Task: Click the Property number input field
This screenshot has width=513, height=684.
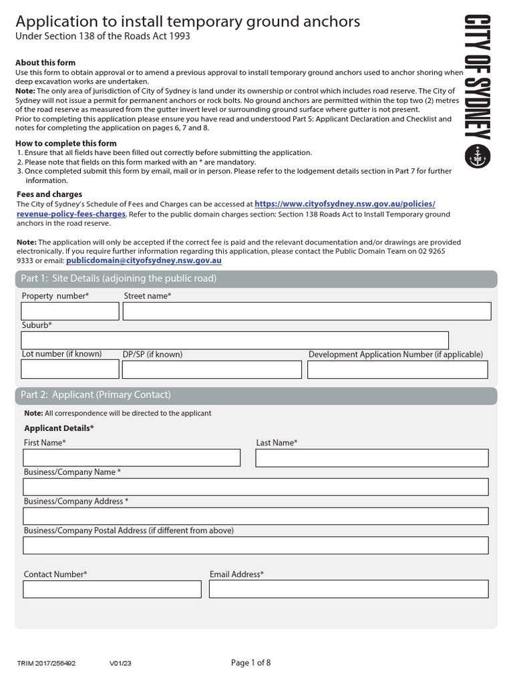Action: [x=70, y=311]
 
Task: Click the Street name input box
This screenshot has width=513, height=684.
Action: [x=307, y=311]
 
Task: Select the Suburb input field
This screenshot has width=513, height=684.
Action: [x=234, y=340]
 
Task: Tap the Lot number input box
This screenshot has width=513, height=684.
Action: [x=70, y=369]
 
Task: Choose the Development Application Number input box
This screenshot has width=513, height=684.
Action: [x=397, y=369]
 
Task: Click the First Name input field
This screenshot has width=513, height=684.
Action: [x=132, y=458]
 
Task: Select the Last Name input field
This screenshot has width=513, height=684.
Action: [x=372, y=458]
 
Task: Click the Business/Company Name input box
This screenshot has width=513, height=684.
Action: [x=256, y=487]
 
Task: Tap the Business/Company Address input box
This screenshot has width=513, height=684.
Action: [x=256, y=516]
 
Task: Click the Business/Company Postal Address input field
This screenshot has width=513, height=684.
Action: [x=256, y=546]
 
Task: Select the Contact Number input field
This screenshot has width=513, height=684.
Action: [x=112, y=589]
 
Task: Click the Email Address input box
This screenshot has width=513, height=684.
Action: [x=349, y=589]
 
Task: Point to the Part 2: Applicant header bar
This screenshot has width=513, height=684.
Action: [x=256, y=395]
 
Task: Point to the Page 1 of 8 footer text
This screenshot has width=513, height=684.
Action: [x=251, y=663]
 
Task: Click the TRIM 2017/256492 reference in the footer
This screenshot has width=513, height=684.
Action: [x=46, y=664]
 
